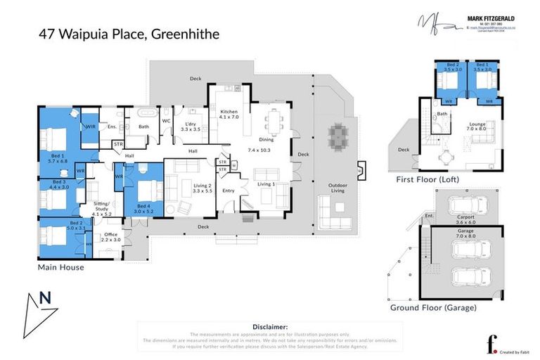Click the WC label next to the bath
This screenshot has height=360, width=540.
coord(166,121)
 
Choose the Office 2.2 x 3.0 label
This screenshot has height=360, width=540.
coord(110,238)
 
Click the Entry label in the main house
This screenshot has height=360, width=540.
coord(229,191)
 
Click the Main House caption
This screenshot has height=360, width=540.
coord(61,267)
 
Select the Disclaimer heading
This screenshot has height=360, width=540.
coord(269,327)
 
